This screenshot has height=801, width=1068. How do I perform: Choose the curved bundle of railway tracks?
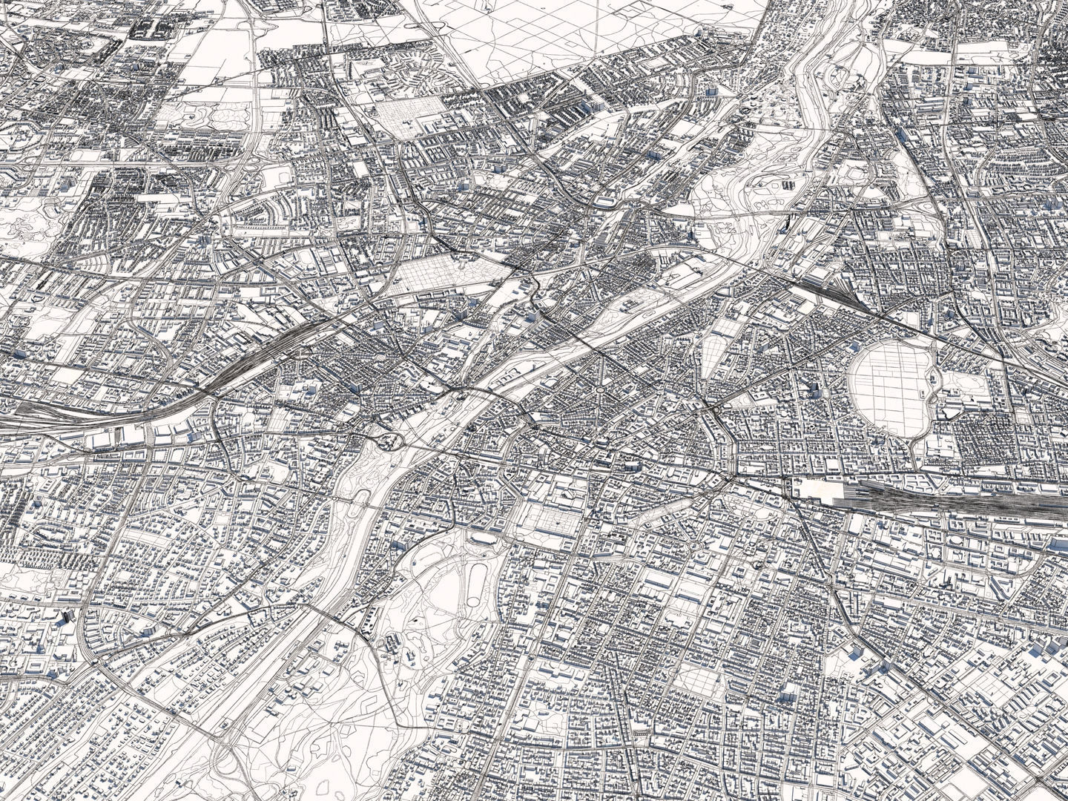click(245, 371)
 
